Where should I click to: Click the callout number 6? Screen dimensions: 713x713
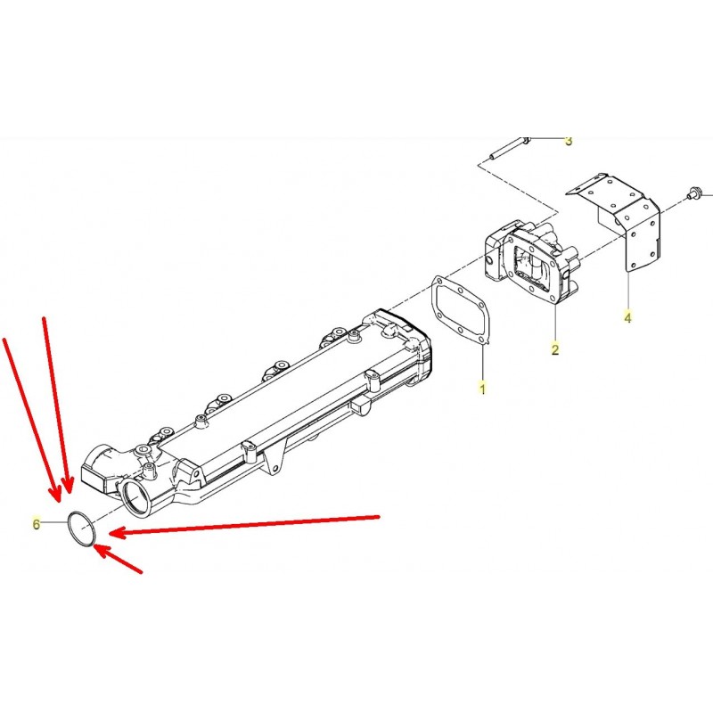point(37,524)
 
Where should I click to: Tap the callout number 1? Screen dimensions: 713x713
point(482,389)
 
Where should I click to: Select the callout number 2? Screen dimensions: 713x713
point(554,349)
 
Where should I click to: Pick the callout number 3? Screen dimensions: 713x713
point(569,141)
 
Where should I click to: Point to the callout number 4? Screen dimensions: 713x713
point(627,317)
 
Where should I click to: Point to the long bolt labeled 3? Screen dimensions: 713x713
point(509,148)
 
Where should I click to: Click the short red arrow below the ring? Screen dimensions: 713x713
point(118,559)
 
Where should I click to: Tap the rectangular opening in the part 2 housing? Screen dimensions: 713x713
point(535,266)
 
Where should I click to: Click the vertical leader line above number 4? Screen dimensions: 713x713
point(627,291)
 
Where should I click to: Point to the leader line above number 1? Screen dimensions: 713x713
point(482,363)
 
